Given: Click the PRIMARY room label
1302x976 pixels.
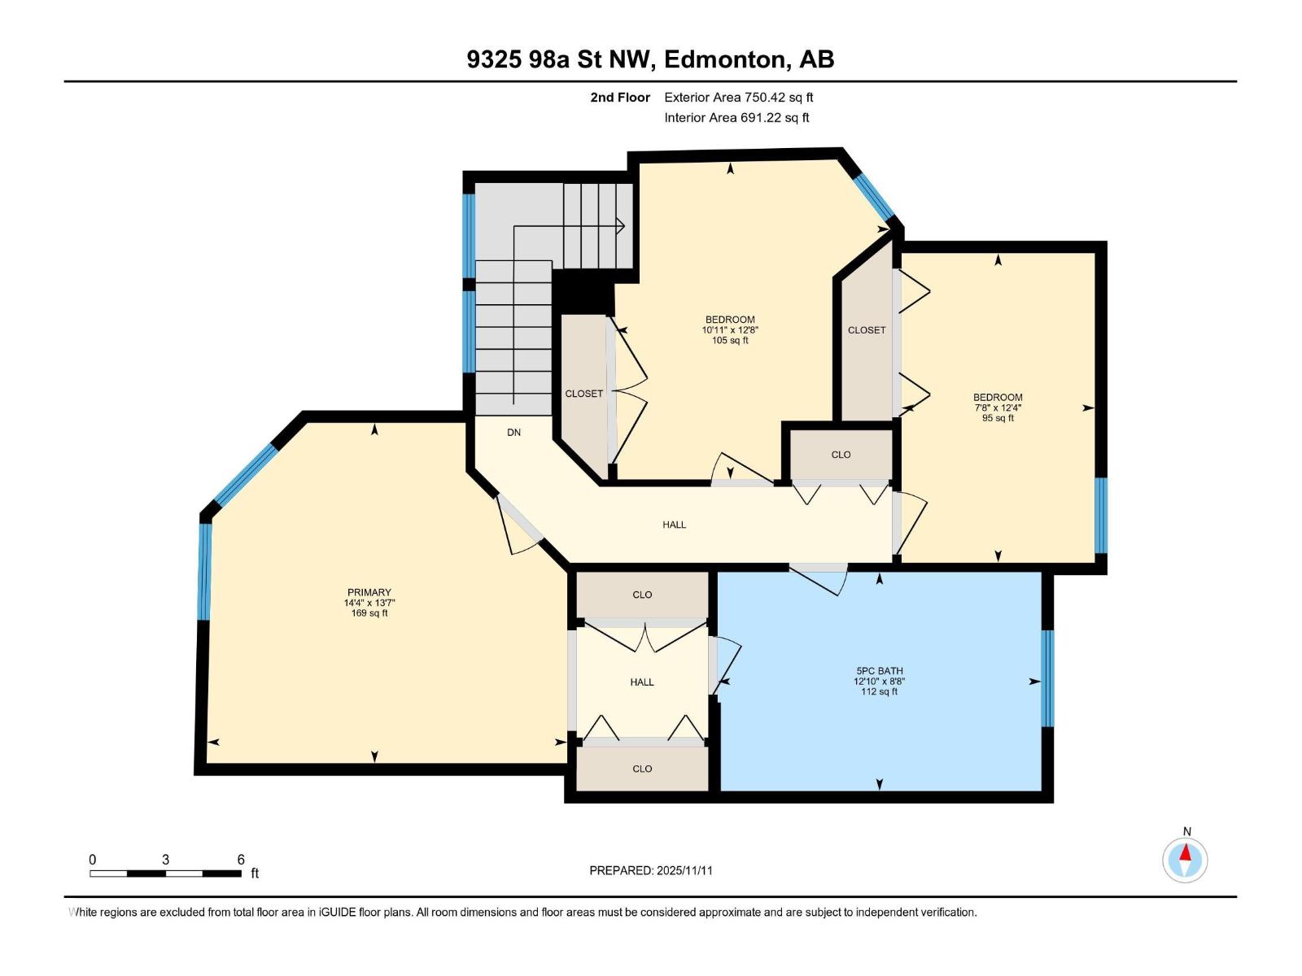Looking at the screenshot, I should tap(369, 592).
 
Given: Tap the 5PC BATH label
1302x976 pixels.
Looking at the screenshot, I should tap(879, 671).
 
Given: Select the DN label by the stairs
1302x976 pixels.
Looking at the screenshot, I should tap(513, 433).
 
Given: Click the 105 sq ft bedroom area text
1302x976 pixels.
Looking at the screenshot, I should tap(730, 341).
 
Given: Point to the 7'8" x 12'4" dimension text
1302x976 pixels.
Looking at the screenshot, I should tap(998, 408).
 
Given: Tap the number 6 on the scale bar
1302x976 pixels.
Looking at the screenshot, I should tap(241, 860).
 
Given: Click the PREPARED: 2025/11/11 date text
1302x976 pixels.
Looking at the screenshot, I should tap(651, 870).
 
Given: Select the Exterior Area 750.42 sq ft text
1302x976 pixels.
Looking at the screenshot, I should tap(739, 98).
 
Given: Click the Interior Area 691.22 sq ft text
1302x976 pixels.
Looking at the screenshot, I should tap(736, 118).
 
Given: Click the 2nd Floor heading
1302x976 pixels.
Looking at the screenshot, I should tap(620, 98).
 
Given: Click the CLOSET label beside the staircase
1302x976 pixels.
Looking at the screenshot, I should tap(584, 394).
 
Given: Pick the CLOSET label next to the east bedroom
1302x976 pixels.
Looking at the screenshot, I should tap(867, 330).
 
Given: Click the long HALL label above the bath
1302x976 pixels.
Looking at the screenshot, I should tap(674, 525).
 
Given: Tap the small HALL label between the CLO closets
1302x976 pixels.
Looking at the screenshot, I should tap(642, 682).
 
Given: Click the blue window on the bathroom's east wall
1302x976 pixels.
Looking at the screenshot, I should tap(1048, 678).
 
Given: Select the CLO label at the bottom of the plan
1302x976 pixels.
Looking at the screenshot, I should tap(642, 769).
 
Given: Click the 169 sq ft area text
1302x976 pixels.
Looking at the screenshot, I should tap(369, 613).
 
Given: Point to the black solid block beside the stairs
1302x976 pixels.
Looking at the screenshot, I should tap(583, 292).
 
